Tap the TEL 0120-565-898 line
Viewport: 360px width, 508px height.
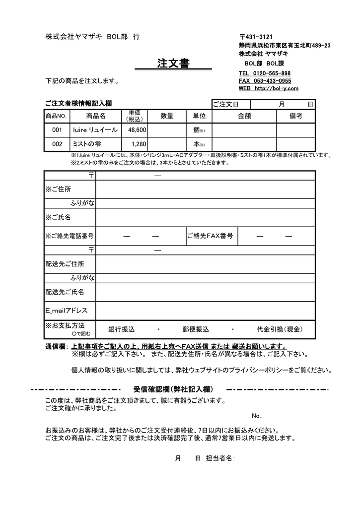[265, 73]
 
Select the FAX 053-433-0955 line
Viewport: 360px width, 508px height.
[265, 81]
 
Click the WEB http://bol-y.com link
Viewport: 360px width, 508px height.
[268, 88]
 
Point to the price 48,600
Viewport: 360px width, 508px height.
[137, 130]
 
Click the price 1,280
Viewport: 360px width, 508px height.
[140, 144]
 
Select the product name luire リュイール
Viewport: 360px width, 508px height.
[95, 130]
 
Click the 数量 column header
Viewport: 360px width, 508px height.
[167, 116]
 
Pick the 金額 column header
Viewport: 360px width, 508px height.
[244, 116]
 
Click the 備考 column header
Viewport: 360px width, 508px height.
[296, 116]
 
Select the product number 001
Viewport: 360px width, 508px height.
[57, 130]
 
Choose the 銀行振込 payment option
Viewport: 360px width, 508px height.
[122, 329]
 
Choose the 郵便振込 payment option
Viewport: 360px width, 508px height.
[196, 329]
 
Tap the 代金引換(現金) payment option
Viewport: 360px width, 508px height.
[280, 329]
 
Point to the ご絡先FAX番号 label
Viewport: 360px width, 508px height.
[210, 236]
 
